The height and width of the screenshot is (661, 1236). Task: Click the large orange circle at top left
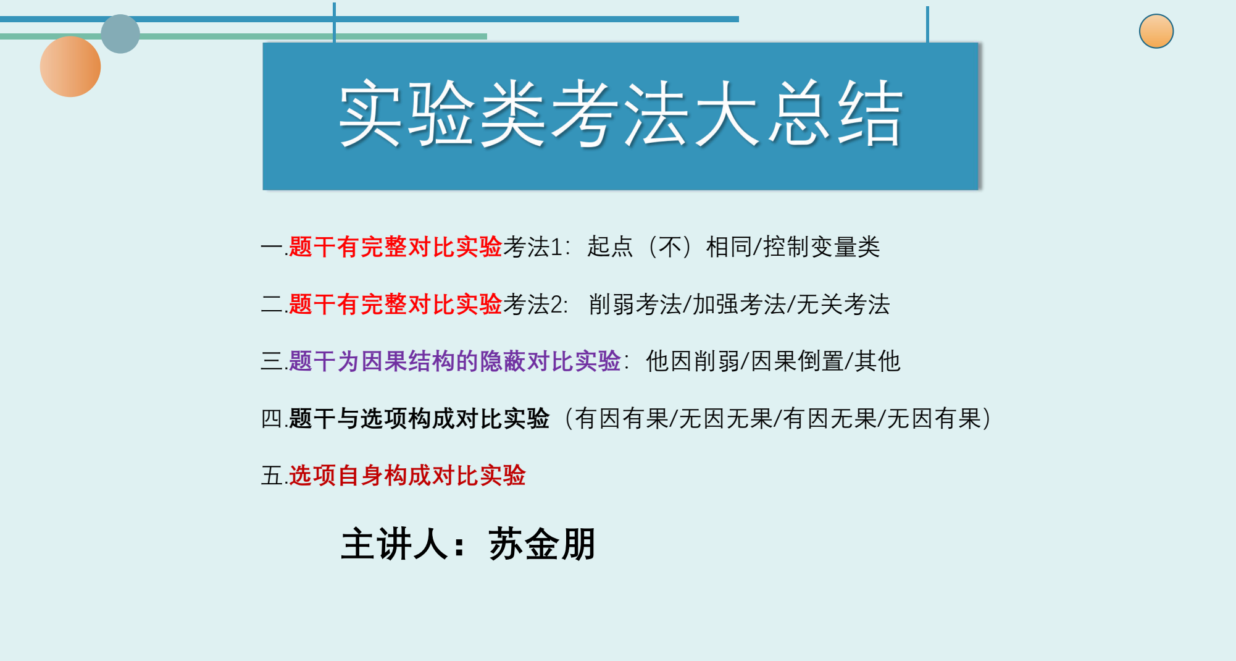click(x=70, y=67)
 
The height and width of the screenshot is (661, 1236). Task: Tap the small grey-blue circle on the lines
click(x=120, y=34)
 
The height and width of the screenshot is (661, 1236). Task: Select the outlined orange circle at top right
click(x=1156, y=32)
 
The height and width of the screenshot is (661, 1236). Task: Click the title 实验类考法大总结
click(x=620, y=114)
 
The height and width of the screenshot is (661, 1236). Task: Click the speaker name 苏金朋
click(x=542, y=544)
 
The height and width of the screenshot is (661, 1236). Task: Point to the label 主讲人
click(x=395, y=544)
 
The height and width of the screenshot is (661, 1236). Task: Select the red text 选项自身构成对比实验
click(x=407, y=476)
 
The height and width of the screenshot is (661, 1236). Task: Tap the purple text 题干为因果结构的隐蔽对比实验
click(x=454, y=361)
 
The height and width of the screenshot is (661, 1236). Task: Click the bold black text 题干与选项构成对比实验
click(x=419, y=419)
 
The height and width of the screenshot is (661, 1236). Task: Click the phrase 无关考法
click(x=843, y=305)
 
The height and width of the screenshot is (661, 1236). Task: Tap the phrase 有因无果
click(x=830, y=419)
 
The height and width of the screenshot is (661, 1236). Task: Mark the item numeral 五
click(x=272, y=476)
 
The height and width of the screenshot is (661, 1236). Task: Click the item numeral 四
click(x=272, y=419)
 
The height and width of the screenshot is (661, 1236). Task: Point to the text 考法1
click(x=532, y=247)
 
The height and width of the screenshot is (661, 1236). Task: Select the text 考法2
click(x=534, y=305)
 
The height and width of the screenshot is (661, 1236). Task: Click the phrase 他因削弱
click(x=692, y=361)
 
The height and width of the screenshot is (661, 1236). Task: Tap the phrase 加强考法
click(x=739, y=305)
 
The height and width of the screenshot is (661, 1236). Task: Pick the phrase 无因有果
click(x=934, y=419)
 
